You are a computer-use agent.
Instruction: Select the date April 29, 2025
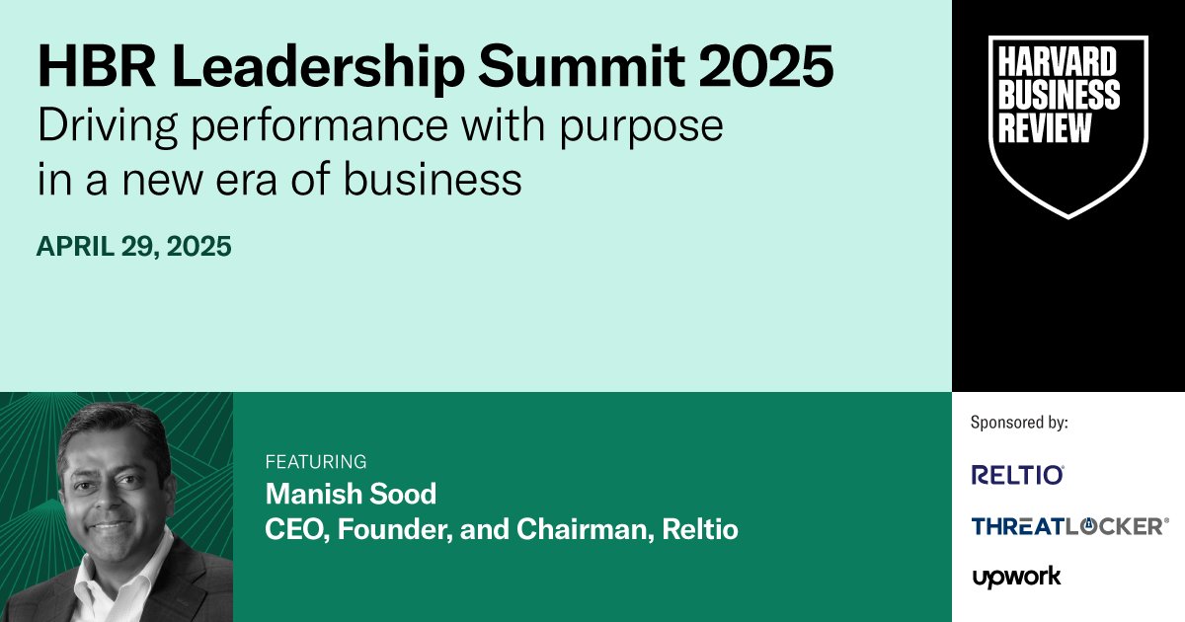[134, 247]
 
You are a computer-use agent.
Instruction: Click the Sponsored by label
[1019, 423]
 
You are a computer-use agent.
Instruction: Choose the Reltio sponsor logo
[1017, 475]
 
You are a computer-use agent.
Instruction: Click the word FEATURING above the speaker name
[316, 461]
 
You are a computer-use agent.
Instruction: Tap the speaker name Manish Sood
[351, 494]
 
